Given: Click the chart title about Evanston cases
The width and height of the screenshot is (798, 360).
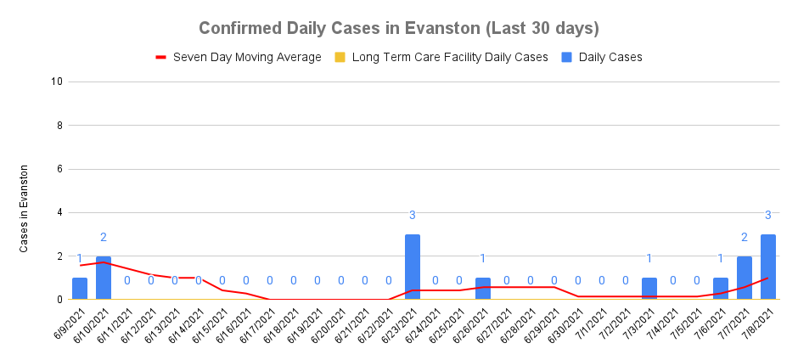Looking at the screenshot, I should coord(399,28).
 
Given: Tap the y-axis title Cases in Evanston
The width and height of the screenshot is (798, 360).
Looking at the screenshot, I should coord(25,209).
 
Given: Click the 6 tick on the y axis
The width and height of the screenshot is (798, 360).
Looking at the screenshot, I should coord(59,169).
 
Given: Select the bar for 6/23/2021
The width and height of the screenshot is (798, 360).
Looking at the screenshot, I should coord(413,267).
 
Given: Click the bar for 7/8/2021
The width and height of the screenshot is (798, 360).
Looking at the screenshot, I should coord(767,267).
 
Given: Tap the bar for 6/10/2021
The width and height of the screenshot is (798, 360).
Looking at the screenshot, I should coord(104,278).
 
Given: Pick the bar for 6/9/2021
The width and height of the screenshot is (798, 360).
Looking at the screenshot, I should coord(80,289).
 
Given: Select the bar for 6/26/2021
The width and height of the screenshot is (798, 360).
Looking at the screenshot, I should coord(483,289).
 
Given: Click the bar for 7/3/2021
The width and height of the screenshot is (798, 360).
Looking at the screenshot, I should coord(649,289).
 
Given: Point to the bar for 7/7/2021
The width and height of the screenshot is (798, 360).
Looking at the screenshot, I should coord(744,278).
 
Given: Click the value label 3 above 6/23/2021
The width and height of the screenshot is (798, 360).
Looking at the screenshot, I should coord(413,215).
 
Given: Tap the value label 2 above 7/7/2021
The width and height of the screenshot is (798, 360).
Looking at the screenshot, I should coord(744,237).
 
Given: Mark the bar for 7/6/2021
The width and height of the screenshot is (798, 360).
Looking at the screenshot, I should coord(720,289).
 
